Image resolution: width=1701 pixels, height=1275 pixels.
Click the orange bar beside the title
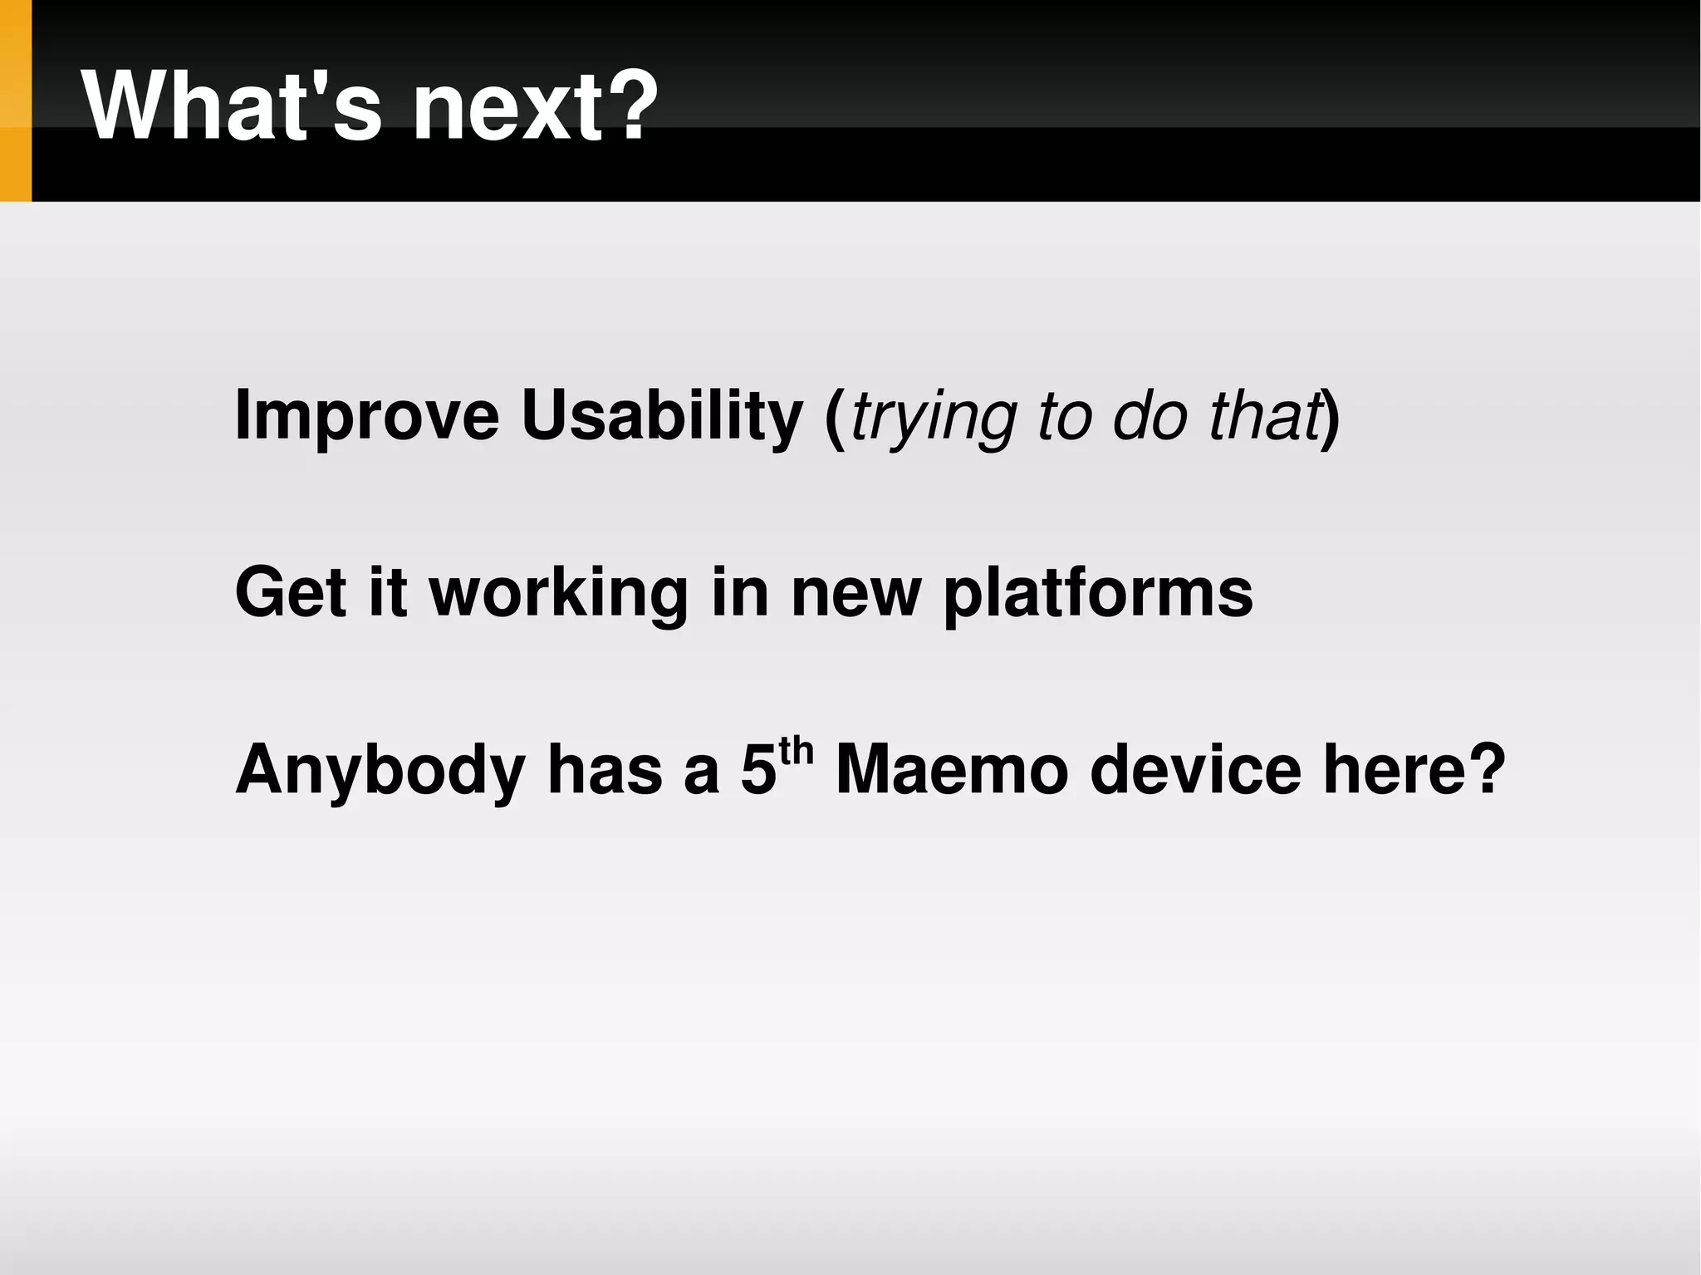(15, 101)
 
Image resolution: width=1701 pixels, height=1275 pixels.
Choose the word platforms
(1097, 594)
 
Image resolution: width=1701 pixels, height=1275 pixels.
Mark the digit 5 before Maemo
(758, 770)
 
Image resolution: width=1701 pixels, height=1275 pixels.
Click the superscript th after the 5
(796, 750)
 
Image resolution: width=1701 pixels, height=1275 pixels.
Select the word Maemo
(951, 770)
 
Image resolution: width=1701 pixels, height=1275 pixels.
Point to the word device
(1195, 770)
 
